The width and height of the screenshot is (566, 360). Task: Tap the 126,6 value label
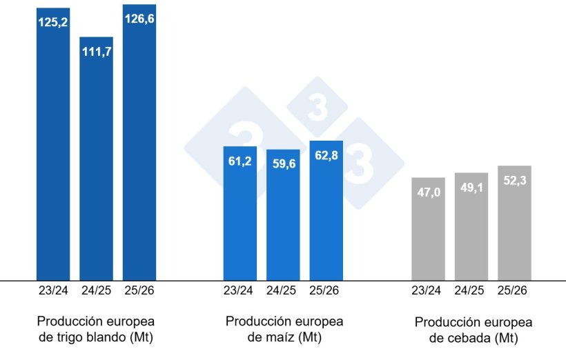tap(139, 19)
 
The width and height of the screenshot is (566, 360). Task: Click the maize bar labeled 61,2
tap(240, 214)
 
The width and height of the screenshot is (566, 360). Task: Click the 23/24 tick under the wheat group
tap(53, 291)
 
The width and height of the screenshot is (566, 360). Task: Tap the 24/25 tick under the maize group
tap(283, 291)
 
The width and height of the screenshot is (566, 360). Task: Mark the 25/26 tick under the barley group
tap(514, 291)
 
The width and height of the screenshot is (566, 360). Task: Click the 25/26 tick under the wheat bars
tap(139, 291)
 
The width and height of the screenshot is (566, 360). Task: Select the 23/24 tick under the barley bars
tap(428, 291)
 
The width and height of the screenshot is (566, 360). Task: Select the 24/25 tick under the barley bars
tap(471, 291)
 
